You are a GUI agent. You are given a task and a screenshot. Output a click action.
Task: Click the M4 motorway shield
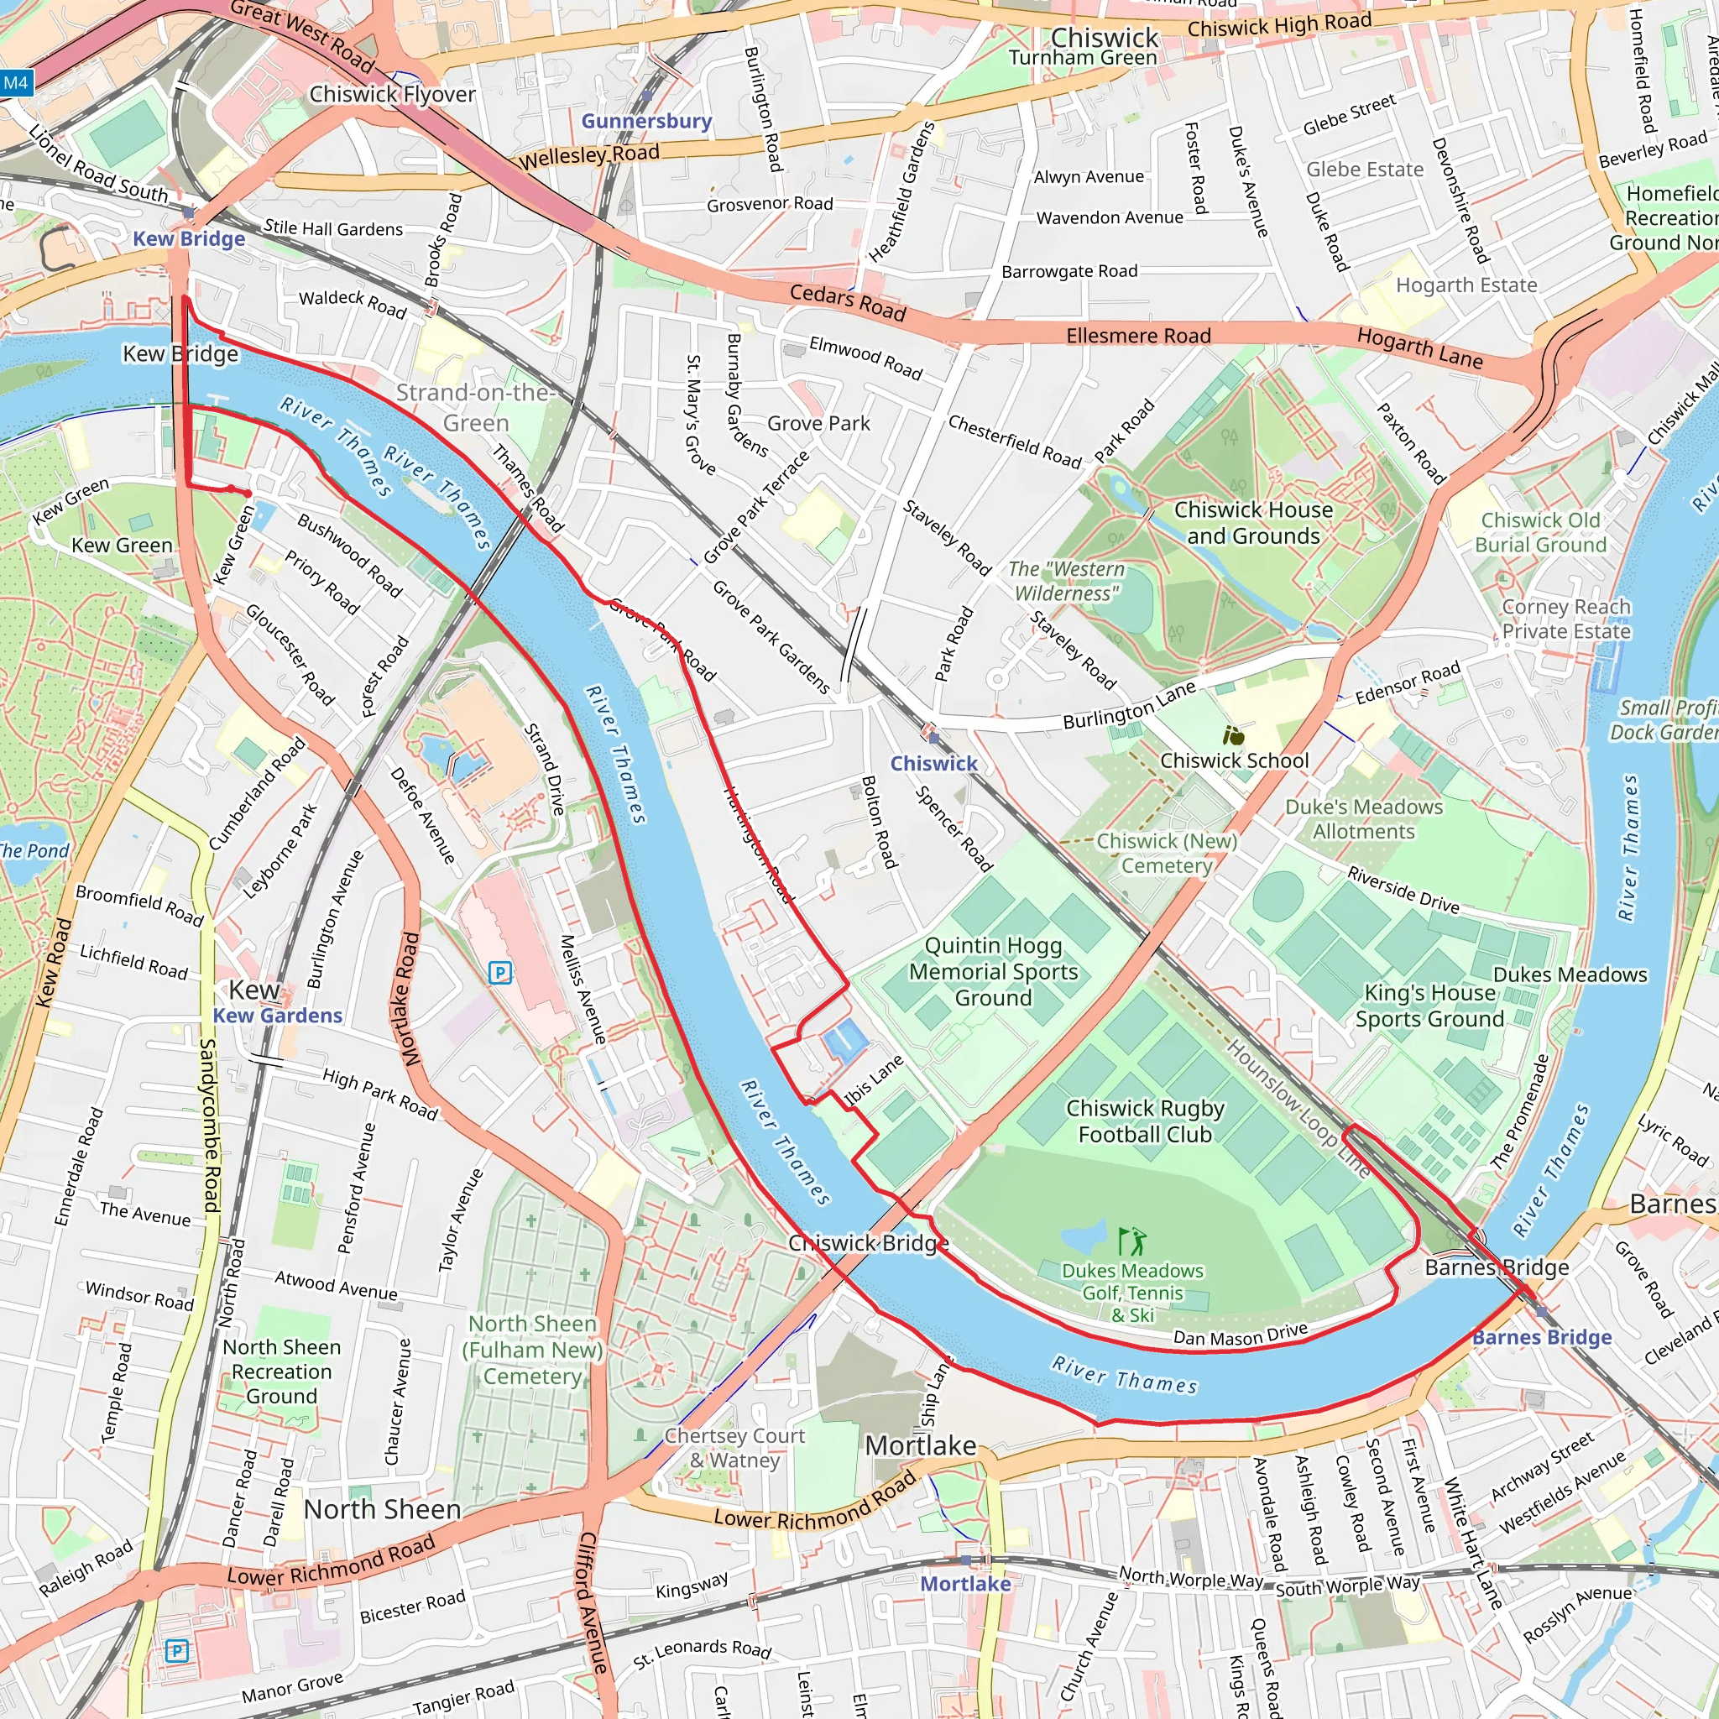(x=16, y=84)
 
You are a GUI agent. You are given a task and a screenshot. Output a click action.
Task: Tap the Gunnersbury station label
(x=646, y=121)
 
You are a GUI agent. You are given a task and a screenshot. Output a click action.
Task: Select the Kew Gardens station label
(x=277, y=1016)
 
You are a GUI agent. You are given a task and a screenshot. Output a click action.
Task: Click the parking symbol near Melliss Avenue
(x=500, y=973)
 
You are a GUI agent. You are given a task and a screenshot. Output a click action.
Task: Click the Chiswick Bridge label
(x=868, y=1243)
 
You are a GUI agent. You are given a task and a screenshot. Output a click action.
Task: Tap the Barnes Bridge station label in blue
(x=1541, y=1337)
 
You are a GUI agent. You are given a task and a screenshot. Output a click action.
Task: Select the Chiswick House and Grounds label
(x=1253, y=522)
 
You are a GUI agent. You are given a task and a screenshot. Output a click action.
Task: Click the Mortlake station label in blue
(x=964, y=1584)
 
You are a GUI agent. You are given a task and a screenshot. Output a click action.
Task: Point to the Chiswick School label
(x=1233, y=760)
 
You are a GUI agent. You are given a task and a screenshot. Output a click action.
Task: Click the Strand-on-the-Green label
(x=475, y=407)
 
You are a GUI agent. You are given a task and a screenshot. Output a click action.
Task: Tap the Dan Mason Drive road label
(x=1240, y=1335)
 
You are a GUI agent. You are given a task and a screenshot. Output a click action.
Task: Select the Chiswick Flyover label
(x=391, y=94)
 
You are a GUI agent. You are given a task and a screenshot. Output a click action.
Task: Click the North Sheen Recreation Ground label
(x=281, y=1372)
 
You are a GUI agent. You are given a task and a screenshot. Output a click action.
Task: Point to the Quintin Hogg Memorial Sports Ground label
(x=993, y=971)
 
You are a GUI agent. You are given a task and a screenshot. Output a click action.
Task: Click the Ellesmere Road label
(x=1138, y=336)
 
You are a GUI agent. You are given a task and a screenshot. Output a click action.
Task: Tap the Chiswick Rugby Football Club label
(x=1144, y=1121)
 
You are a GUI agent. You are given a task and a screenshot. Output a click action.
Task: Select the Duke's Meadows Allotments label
(x=1363, y=818)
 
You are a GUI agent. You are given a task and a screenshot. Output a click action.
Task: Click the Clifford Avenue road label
(x=593, y=1601)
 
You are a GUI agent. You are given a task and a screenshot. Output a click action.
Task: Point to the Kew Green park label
(x=122, y=546)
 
